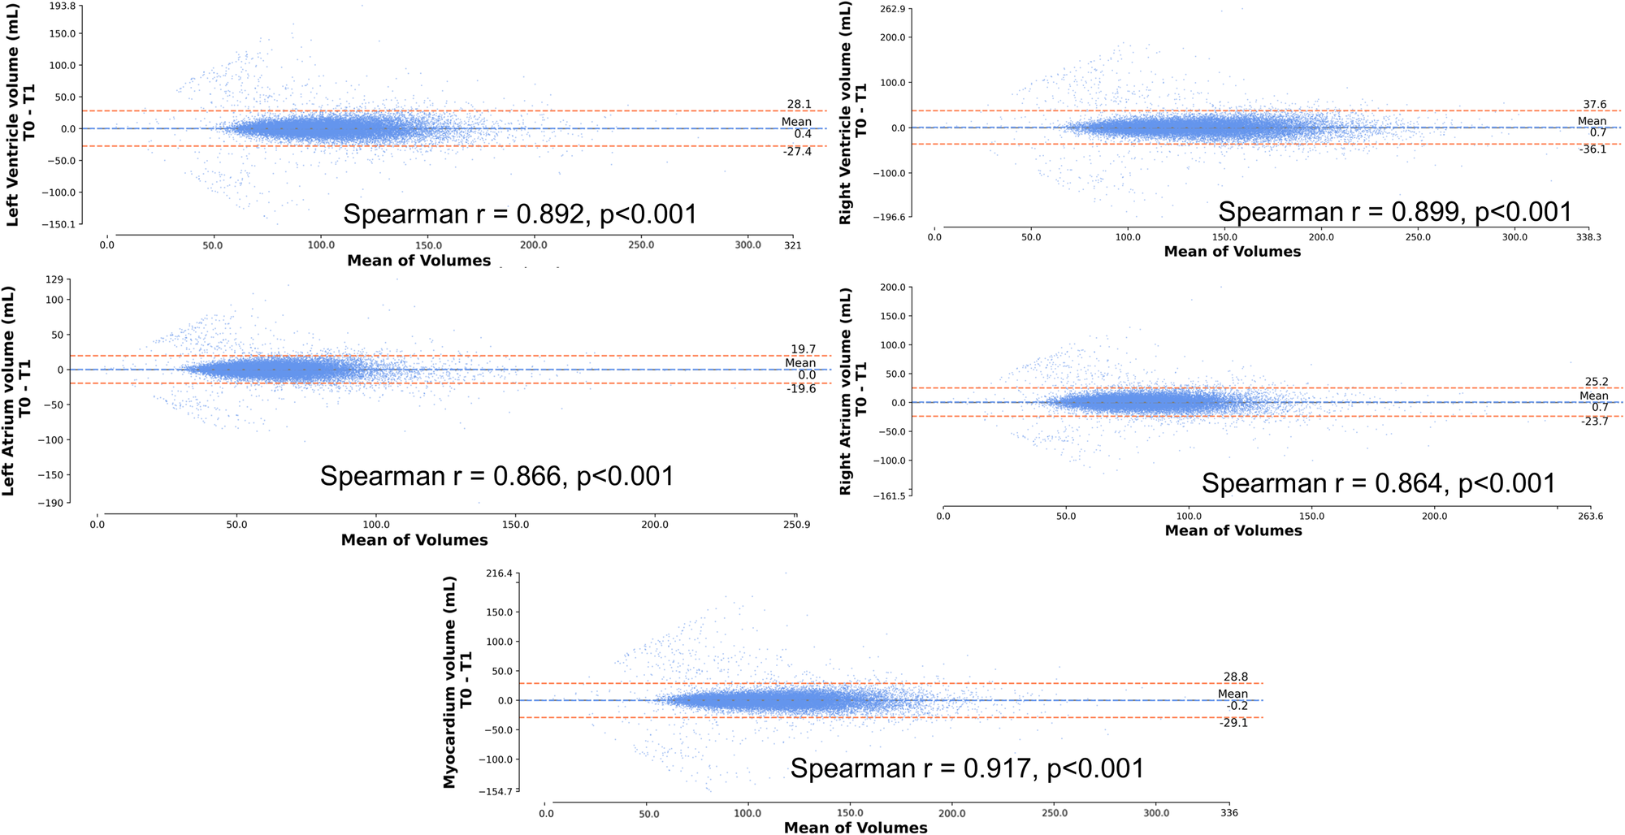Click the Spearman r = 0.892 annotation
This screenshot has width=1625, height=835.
(x=520, y=214)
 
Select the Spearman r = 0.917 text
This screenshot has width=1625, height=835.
(x=967, y=768)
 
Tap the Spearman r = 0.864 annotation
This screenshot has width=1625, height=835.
(x=1378, y=484)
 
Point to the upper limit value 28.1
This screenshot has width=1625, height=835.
(x=799, y=104)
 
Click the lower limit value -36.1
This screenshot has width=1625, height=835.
(x=1592, y=149)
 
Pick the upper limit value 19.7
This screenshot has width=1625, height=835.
(x=803, y=349)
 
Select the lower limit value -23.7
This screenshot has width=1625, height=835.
(x=1594, y=422)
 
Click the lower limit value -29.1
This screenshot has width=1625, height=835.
(x=1233, y=722)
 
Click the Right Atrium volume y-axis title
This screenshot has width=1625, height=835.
(x=853, y=392)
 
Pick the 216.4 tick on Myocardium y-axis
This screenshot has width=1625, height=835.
(x=499, y=573)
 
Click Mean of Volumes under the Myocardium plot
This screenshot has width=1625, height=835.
(x=855, y=827)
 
